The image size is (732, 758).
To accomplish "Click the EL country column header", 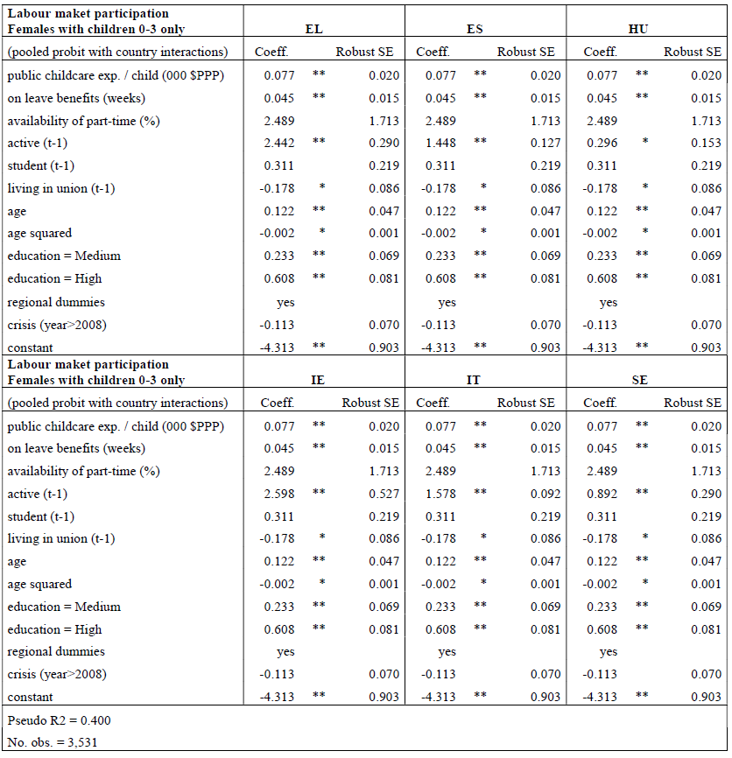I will click(x=313, y=30).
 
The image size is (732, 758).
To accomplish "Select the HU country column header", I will click(x=639, y=30).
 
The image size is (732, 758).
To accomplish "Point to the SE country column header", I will click(x=639, y=381).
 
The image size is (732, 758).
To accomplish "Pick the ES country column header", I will click(x=475, y=30).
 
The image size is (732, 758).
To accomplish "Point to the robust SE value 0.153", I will click(x=707, y=143).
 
